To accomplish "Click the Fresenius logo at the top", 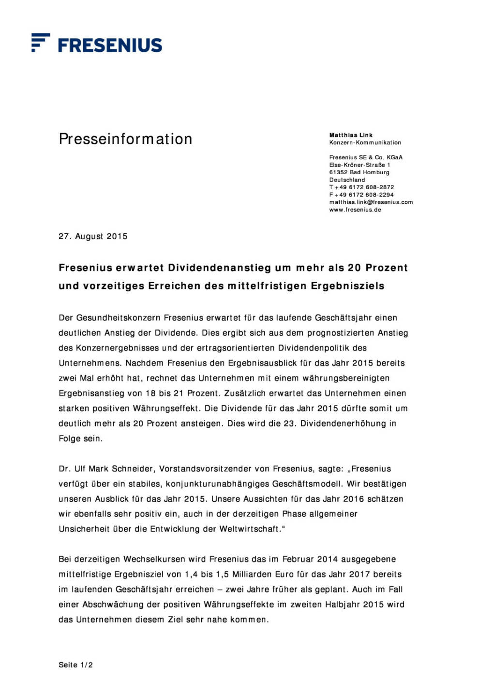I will click(97, 44).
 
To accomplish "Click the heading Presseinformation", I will click(125, 139).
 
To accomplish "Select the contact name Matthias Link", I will click(351, 135).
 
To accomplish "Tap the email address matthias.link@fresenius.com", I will click(371, 202).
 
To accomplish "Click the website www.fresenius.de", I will click(355, 210).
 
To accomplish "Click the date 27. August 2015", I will click(93, 236).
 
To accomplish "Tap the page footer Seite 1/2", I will click(75, 665).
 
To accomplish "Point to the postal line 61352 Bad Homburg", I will click(359, 172).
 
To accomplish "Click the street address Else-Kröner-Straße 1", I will click(359, 165).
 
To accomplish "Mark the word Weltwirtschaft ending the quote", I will click(251, 529).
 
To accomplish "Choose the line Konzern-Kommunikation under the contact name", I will click(365, 143).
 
